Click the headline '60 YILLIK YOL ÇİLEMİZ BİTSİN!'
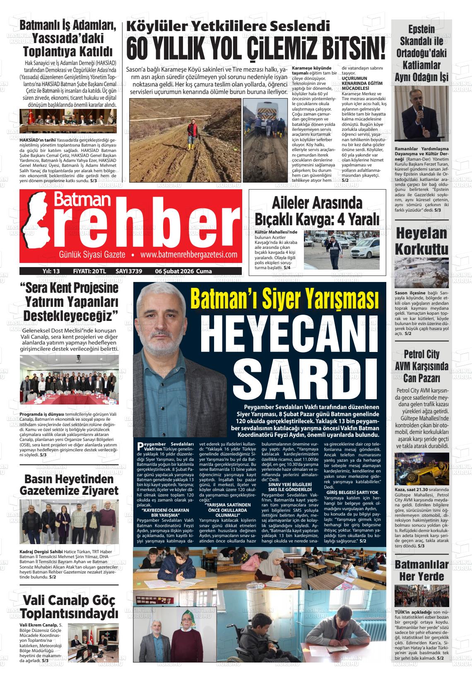point(255,48)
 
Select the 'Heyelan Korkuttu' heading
point(421,241)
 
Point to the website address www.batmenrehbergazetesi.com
point(188,255)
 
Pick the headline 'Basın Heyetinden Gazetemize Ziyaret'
point(69,485)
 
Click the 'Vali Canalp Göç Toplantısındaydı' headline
point(69,607)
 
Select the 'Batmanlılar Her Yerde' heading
point(421,570)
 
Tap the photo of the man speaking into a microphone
point(421,113)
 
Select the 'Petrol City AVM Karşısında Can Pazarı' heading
point(421,366)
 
